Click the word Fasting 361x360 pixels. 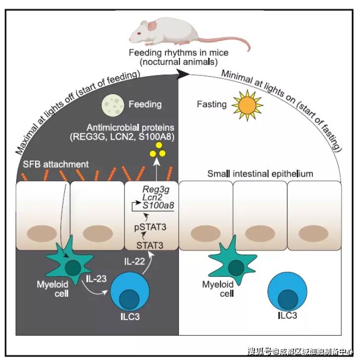pos(211,104)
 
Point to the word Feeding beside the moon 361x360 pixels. pos(145,104)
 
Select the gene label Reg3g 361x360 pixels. pos(155,190)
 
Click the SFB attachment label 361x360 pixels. pos(55,164)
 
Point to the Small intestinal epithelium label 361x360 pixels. pos(260,173)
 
